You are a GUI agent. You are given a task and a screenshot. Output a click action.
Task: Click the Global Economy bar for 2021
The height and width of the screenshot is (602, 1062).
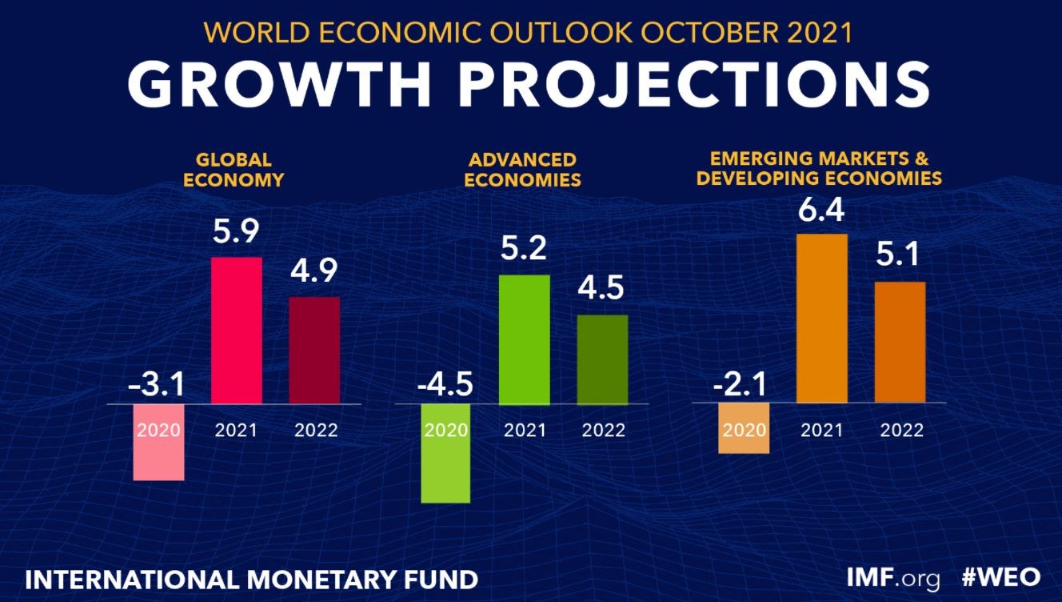tap(236, 330)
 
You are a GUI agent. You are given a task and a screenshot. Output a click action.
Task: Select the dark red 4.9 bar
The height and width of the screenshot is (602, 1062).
tap(314, 350)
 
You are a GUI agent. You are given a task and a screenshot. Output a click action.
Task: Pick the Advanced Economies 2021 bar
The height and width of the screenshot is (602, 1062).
tap(525, 339)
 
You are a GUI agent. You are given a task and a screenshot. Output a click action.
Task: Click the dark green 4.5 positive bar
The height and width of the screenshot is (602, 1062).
tap(603, 359)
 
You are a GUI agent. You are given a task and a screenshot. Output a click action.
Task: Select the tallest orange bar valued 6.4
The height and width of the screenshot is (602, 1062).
tap(821, 318)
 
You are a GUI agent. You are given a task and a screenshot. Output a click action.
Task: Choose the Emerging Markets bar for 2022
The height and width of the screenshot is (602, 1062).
tap(900, 342)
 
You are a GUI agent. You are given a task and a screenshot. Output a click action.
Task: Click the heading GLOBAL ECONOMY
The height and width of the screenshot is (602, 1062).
tap(234, 169)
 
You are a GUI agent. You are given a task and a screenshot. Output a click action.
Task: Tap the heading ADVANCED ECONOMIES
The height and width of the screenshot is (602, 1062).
tap(522, 169)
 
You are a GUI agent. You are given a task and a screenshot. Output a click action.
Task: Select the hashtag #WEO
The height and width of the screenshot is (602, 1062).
tap(1000, 577)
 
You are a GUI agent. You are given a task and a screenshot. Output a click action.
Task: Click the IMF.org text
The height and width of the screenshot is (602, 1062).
tap(894, 577)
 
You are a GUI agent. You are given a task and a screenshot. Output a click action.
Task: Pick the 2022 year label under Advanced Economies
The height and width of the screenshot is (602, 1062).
tap(604, 430)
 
